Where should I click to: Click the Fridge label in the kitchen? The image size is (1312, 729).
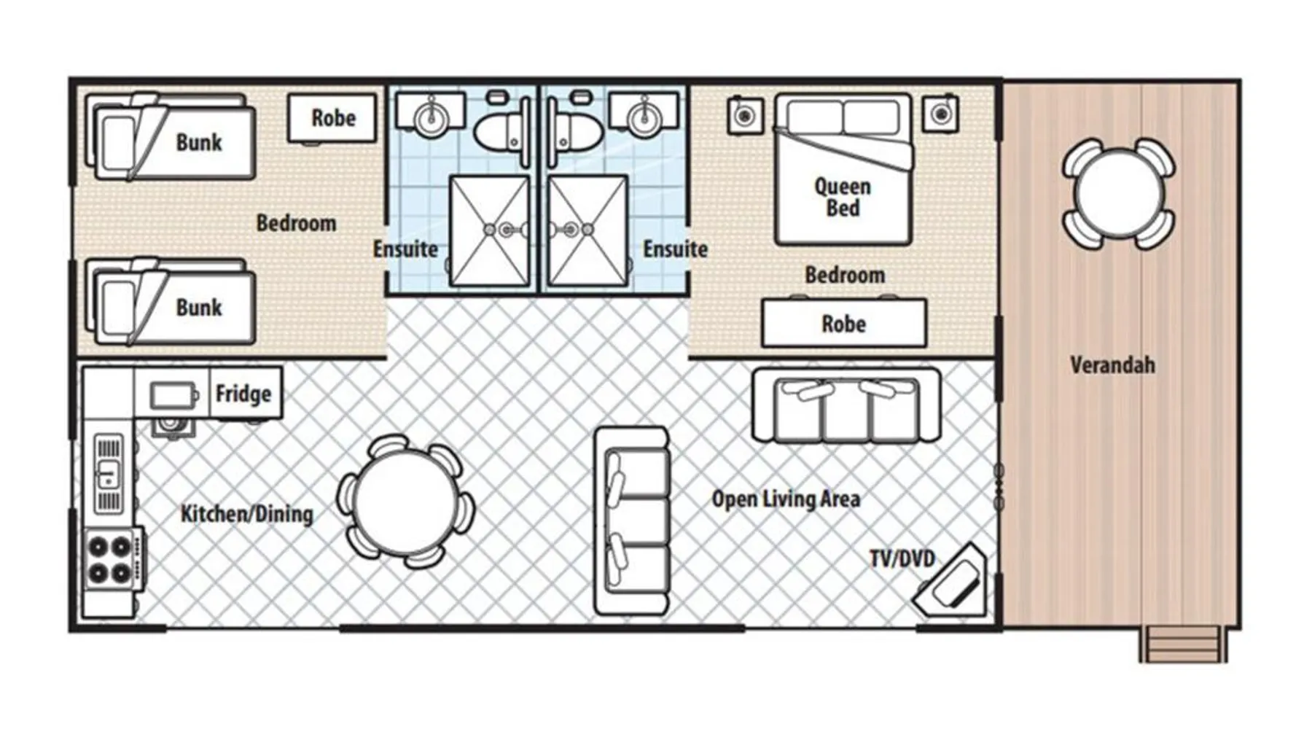(243, 394)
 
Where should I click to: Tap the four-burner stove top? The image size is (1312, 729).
(110, 559)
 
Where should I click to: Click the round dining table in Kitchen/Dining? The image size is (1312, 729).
(405, 501)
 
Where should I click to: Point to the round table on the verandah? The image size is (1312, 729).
(1118, 193)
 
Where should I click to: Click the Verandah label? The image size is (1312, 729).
(1112, 364)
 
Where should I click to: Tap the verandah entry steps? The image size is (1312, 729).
(1183, 644)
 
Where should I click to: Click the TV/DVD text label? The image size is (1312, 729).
(902, 558)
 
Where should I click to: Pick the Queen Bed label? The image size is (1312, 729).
(843, 197)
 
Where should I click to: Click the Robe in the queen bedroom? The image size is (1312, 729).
(844, 323)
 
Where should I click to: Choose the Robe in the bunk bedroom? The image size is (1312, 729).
(333, 118)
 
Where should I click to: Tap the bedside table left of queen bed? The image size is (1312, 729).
(745, 114)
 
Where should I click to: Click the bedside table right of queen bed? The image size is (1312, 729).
(940, 114)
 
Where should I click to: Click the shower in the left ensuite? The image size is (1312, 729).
(490, 230)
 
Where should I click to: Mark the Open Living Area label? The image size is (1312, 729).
(786, 499)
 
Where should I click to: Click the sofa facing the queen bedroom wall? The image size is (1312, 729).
(846, 405)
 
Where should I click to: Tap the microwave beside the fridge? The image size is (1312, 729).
(173, 396)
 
